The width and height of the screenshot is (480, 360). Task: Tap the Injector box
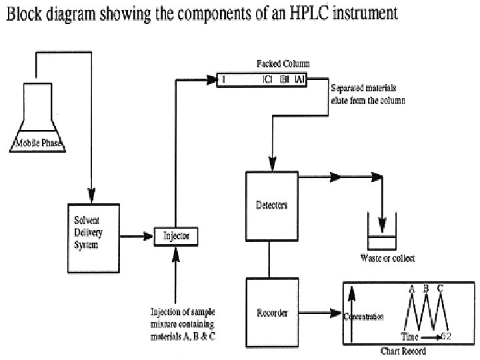point(176,235)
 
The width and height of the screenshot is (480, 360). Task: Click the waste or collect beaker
point(381,236)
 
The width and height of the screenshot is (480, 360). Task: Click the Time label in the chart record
point(409,337)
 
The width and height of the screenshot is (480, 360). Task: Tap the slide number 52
point(447,337)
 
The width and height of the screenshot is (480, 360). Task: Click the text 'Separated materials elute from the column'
point(368,94)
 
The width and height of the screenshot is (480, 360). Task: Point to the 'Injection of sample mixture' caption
point(182,324)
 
